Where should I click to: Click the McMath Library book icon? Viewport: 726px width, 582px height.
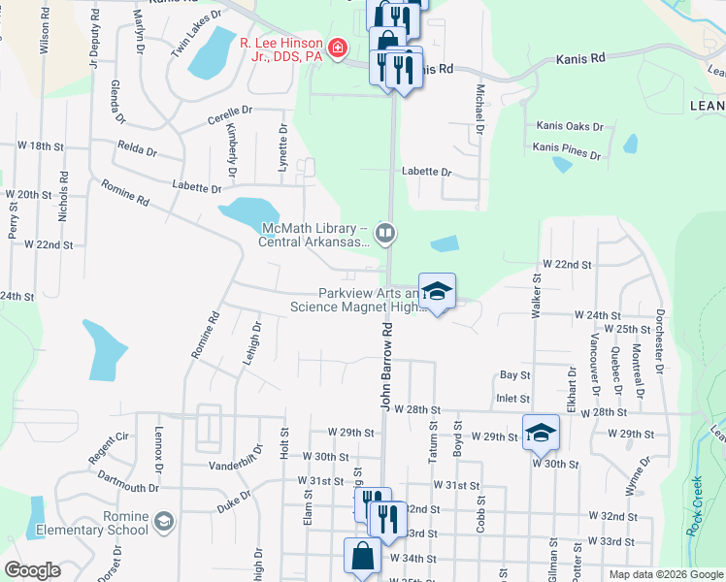[x=385, y=232]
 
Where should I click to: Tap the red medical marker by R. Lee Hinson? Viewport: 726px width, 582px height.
[x=338, y=48]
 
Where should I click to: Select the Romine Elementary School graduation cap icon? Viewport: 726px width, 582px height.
[x=163, y=522]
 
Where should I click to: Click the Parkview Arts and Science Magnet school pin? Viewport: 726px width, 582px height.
[x=437, y=291]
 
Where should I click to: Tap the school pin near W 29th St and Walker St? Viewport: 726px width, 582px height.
[x=541, y=433]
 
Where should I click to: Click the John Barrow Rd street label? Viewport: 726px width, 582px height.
[x=385, y=368]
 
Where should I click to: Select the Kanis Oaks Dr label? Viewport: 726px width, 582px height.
[x=570, y=127]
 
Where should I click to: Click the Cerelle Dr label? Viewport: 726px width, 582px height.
[x=229, y=116]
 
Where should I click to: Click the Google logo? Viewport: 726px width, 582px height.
[x=32, y=570]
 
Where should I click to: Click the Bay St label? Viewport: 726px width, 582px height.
[x=514, y=374]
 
